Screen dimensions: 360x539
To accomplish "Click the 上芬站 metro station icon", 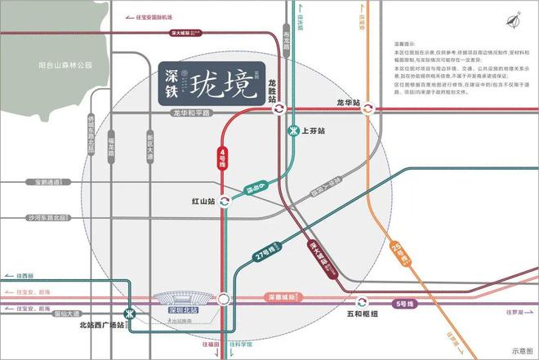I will (293, 131).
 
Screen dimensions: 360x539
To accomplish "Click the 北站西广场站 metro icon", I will (128, 314).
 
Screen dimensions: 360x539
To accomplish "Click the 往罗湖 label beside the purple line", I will (513, 312).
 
